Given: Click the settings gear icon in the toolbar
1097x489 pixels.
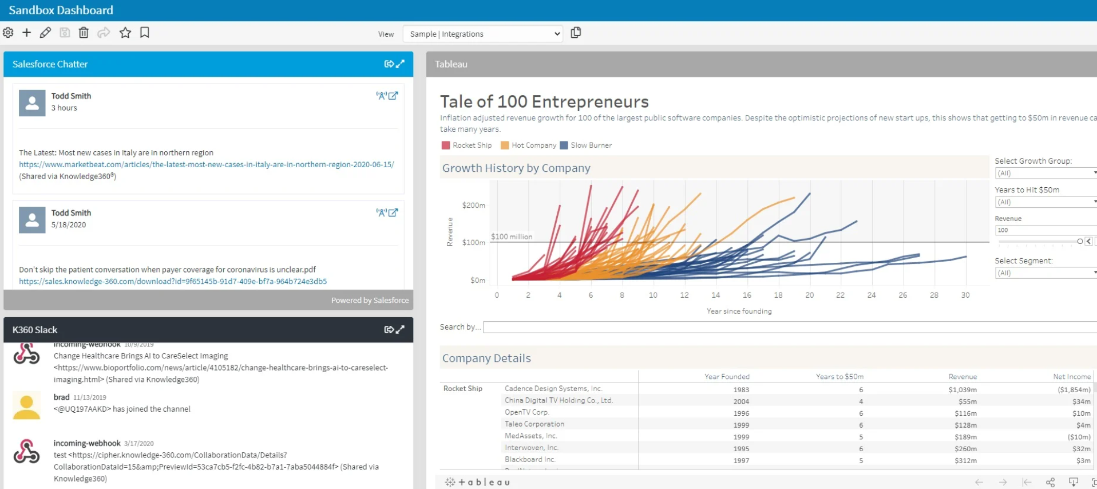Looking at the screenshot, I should click(x=8, y=33).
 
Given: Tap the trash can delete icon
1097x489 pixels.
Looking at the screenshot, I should click(x=84, y=33).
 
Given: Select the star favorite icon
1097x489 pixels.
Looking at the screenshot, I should click(x=125, y=33).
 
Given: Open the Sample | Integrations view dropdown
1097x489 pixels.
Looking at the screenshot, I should click(x=483, y=34).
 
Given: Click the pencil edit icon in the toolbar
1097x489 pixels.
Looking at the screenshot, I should click(x=45, y=33).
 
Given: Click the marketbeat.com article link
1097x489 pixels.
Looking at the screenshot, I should click(x=207, y=164).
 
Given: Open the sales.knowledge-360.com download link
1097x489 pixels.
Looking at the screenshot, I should click(x=173, y=281).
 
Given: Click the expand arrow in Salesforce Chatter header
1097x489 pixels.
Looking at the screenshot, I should click(x=400, y=64).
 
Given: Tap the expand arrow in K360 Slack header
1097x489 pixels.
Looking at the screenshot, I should click(x=400, y=330).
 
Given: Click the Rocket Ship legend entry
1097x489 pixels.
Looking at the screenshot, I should click(x=466, y=145).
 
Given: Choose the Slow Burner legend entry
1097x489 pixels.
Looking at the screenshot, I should click(x=586, y=145).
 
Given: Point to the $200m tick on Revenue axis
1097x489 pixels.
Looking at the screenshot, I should click(x=473, y=205).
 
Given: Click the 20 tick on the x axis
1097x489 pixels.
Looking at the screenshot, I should click(x=809, y=295).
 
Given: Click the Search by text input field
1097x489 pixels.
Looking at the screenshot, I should click(x=790, y=327).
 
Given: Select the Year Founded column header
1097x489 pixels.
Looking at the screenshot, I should click(x=727, y=377).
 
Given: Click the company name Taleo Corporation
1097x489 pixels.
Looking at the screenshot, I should click(x=534, y=424).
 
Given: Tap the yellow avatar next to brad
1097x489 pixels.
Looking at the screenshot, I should click(x=26, y=405).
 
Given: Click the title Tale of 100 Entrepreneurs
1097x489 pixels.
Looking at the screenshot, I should click(x=544, y=101).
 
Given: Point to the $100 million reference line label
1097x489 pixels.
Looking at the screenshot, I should click(x=512, y=236).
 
